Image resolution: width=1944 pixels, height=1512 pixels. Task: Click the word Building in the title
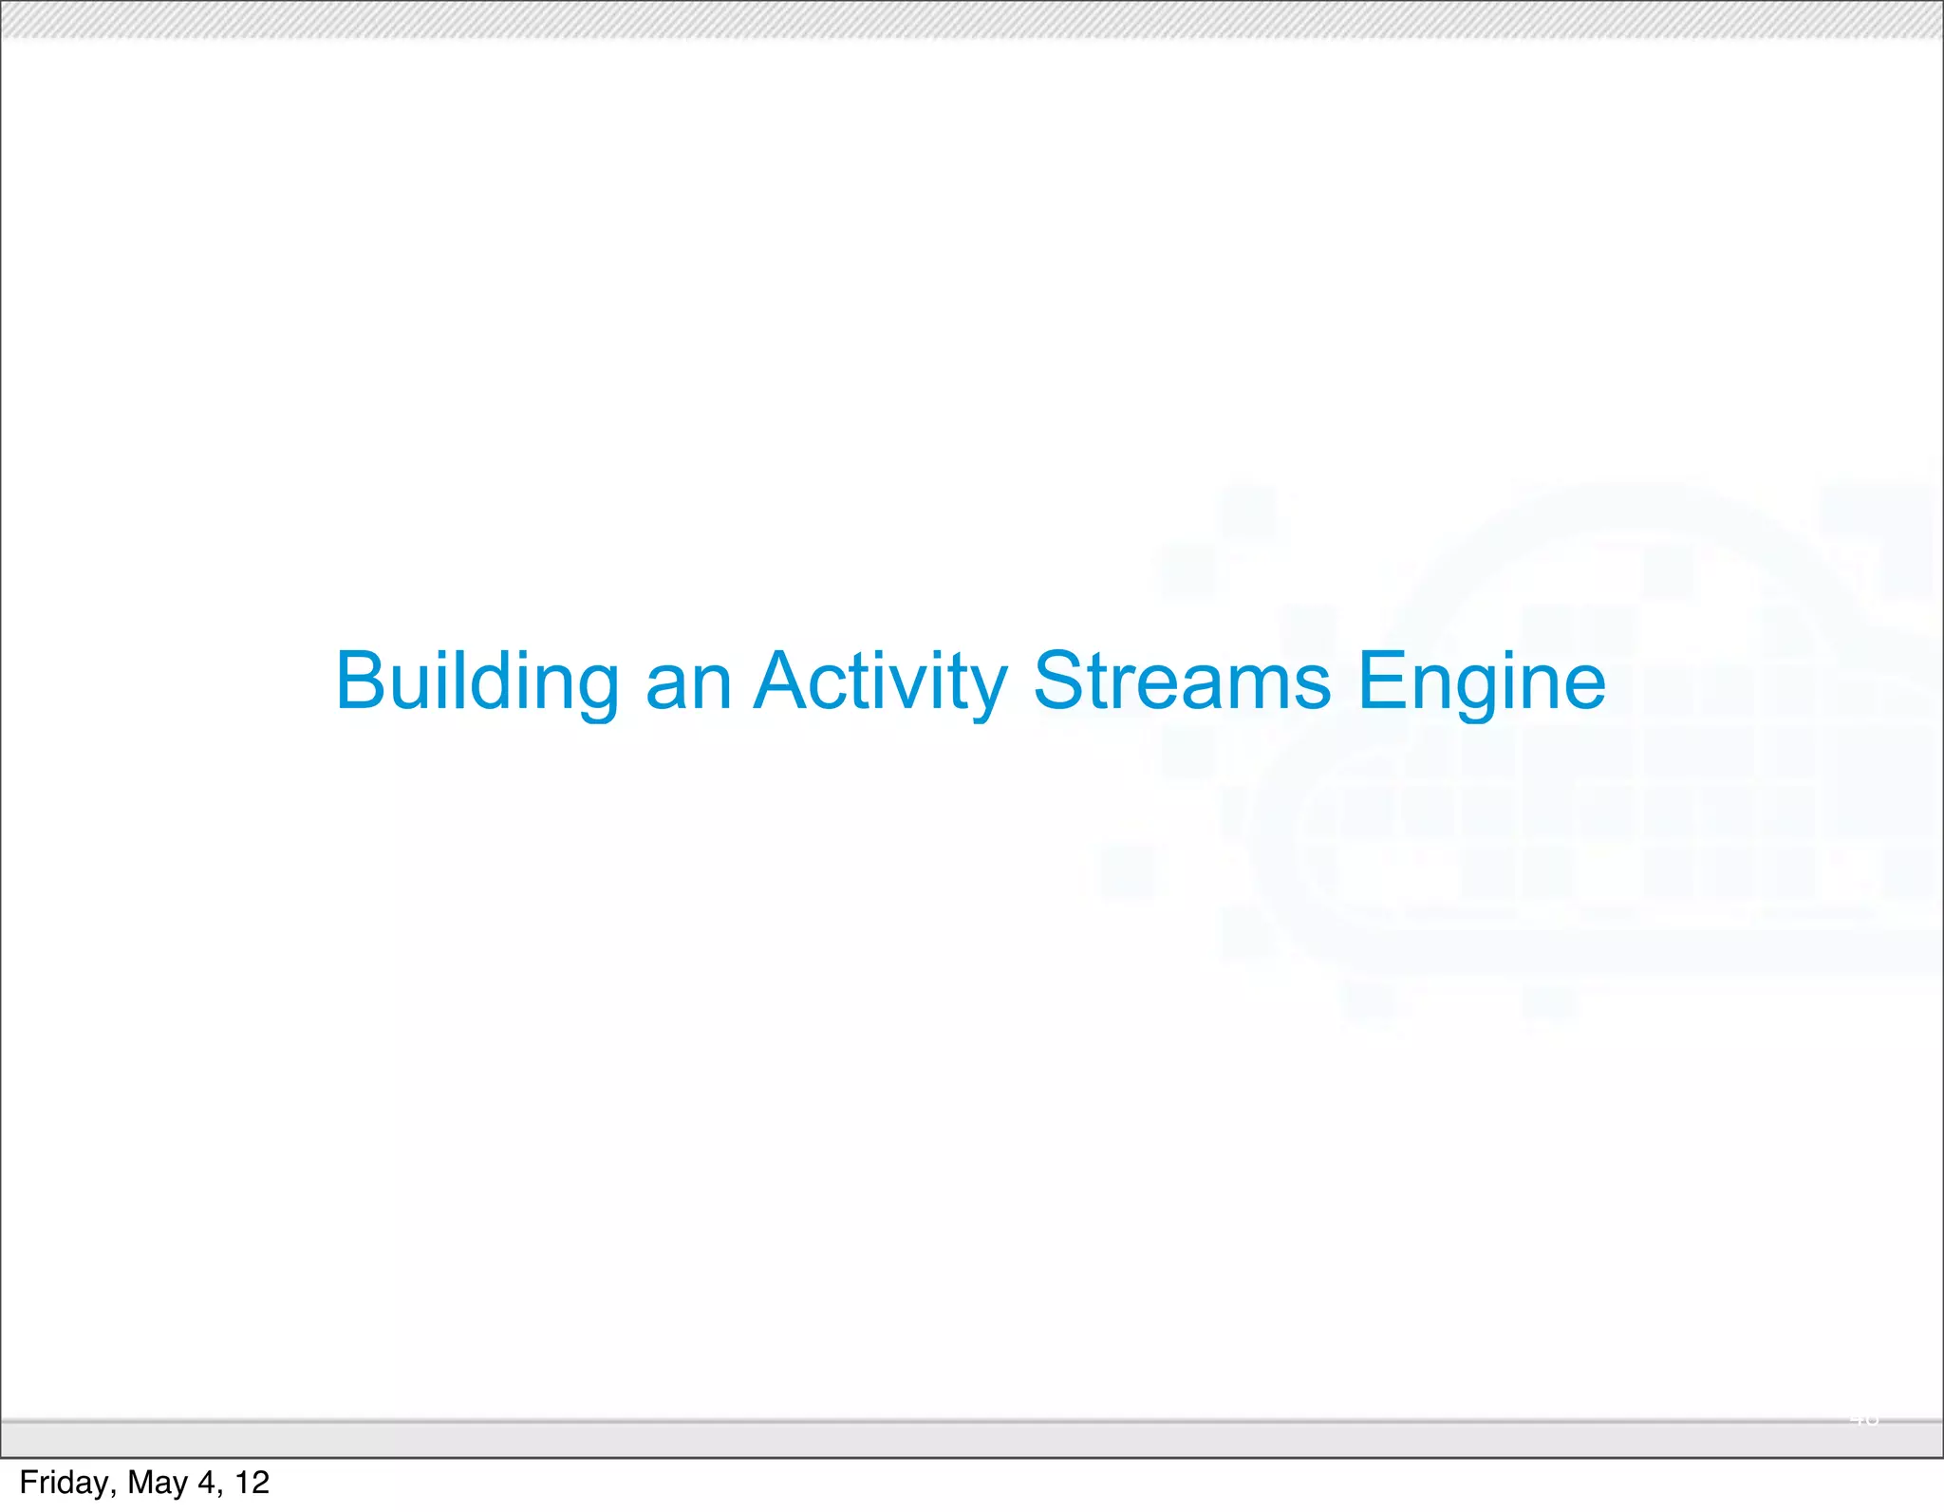tap(477, 681)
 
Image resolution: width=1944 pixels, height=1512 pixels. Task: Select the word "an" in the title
tap(688, 681)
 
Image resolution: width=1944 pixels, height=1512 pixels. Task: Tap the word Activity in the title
tap(880, 681)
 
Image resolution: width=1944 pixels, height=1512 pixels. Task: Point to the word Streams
tap(1182, 681)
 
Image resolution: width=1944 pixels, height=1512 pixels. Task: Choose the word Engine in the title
tap(1481, 681)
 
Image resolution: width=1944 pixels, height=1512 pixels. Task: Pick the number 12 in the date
tap(252, 1483)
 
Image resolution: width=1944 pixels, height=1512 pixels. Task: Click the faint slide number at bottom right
tap(1863, 1420)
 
